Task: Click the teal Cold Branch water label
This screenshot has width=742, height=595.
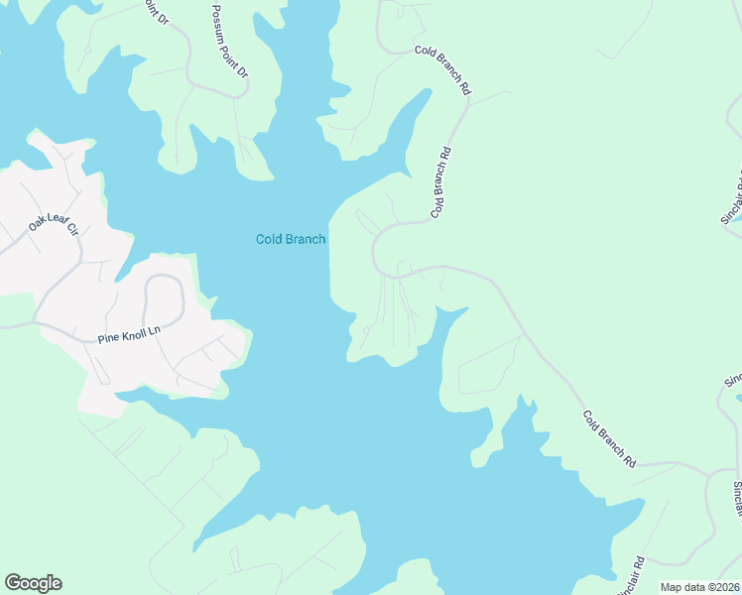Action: pyautogui.click(x=291, y=239)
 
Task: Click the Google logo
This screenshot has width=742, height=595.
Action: pyautogui.click(x=33, y=583)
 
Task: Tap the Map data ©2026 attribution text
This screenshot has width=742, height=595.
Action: pyautogui.click(x=699, y=587)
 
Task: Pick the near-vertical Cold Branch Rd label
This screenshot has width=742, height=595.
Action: pyautogui.click(x=441, y=182)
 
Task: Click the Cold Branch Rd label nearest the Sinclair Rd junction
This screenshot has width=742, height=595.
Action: pyautogui.click(x=609, y=439)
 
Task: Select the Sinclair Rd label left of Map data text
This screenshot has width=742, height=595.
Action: pyautogui.click(x=632, y=574)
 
